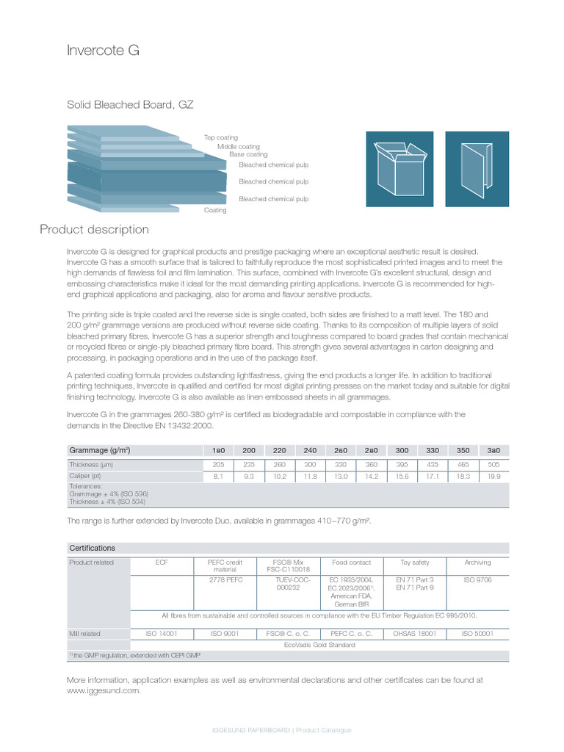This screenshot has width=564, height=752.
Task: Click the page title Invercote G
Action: pyautogui.click(x=103, y=51)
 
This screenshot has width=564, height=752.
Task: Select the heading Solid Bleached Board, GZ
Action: pyautogui.click(x=130, y=105)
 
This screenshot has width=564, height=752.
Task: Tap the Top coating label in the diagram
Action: pyautogui.click(x=221, y=137)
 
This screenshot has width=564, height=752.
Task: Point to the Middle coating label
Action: pyautogui.click(x=238, y=146)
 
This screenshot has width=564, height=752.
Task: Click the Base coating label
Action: pyautogui.click(x=248, y=155)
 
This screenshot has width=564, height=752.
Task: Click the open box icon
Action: pyautogui.click(x=400, y=169)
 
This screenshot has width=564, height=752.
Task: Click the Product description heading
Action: pyautogui.click(x=94, y=230)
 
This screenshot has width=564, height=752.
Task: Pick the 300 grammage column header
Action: pyautogui.click(x=402, y=450)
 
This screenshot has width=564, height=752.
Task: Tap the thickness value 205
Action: pyautogui.click(x=218, y=465)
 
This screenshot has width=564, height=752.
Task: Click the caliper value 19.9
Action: pyautogui.click(x=493, y=477)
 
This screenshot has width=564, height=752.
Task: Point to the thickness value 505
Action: pyautogui.click(x=493, y=465)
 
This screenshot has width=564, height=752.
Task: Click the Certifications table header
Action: pyautogui.click(x=92, y=548)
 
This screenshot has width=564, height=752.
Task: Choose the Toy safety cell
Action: pyautogui.click(x=415, y=563)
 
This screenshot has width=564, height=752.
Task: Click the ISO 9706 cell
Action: pyautogui.click(x=477, y=579)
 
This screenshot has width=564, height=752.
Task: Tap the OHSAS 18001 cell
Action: pyautogui.click(x=415, y=633)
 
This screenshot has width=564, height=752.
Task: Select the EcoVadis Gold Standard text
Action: pyautogui.click(x=319, y=645)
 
